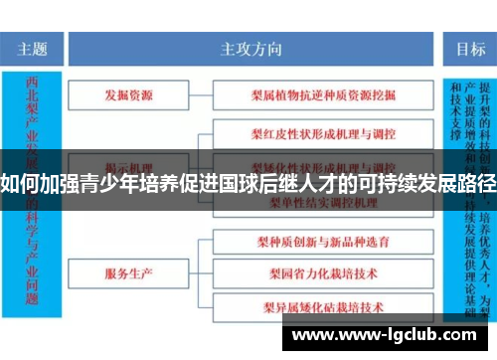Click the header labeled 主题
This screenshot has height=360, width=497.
pyautogui.click(x=34, y=47)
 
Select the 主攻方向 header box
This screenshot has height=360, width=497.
pyautogui.click(x=250, y=47)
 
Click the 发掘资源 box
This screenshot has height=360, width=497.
pyautogui.click(x=129, y=95)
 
